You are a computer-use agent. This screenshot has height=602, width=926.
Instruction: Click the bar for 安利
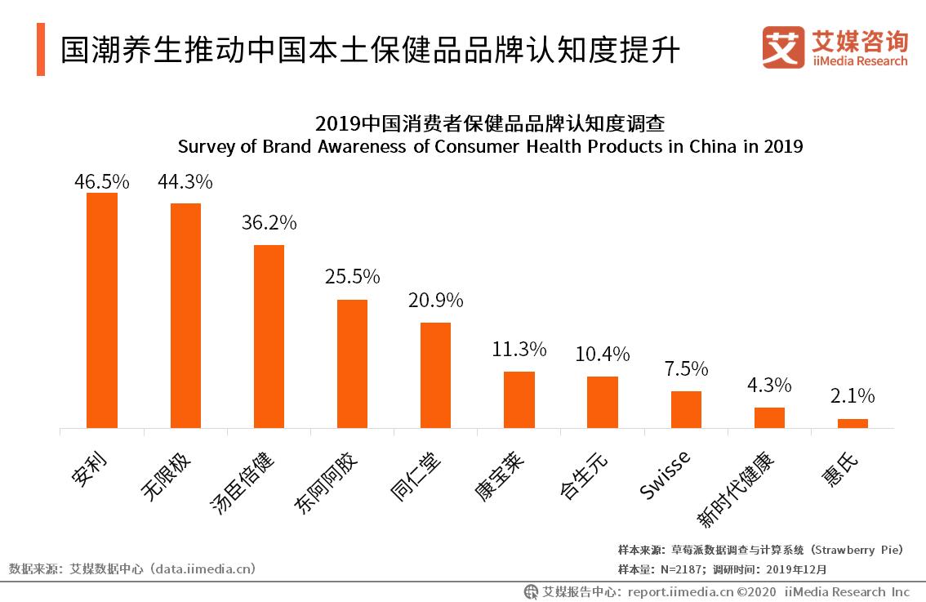(102, 310)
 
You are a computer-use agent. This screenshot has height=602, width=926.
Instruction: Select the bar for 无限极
(185, 315)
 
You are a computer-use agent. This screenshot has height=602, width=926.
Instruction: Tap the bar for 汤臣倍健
(269, 337)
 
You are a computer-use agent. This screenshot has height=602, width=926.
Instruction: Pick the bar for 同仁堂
(435, 375)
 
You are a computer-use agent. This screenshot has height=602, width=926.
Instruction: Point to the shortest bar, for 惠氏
(853, 423)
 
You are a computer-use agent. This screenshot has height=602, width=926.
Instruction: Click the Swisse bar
(686, 409)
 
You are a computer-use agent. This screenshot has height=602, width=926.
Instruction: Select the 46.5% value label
(102, 181)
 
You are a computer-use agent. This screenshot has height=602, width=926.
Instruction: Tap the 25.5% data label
(352, 277)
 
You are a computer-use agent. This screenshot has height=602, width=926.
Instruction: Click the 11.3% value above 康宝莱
(519, 350)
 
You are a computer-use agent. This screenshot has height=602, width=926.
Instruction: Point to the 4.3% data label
(769, 385)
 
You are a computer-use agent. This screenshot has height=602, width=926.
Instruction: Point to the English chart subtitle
(490, 147)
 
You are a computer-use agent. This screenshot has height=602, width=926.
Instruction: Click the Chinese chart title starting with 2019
(490, 125)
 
